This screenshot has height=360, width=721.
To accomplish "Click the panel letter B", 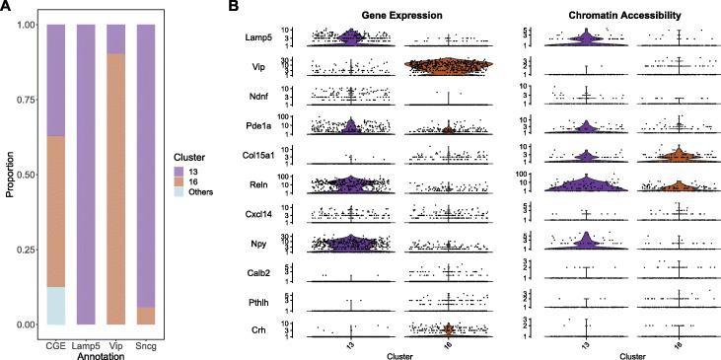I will click(x=235, y=8).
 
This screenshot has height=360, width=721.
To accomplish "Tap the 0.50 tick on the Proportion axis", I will click(x=34, y=175).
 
